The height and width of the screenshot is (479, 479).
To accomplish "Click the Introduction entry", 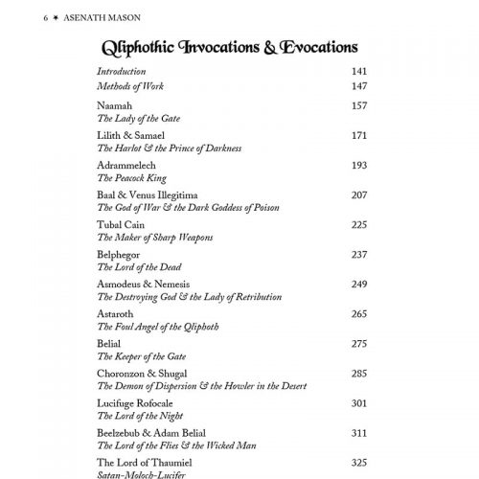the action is click(x=122, y=71).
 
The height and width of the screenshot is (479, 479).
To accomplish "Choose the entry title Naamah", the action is click(x=113, y=105).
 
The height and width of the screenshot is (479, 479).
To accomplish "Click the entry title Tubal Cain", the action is click(x=120, y=224).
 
